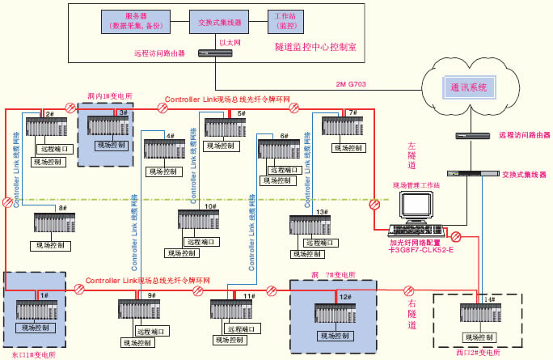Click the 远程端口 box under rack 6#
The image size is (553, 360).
tap(289, 171)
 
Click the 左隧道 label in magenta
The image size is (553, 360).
tap(412, 155)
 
